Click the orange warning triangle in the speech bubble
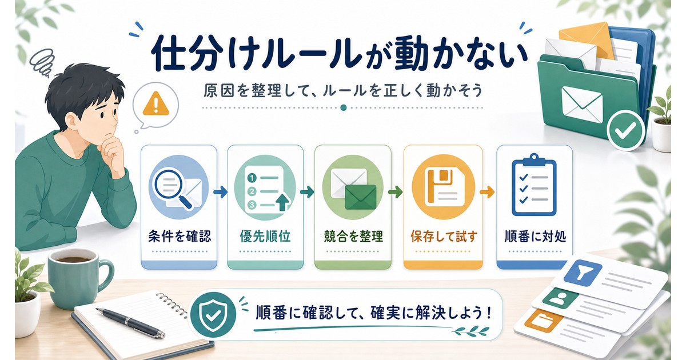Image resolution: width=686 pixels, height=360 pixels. [x=156, y=104]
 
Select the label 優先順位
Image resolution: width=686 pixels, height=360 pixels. [x=265, y=237]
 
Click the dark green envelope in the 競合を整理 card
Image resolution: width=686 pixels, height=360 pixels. [x=360, y=197]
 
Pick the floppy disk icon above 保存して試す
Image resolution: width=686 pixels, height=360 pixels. [x=443, y=187]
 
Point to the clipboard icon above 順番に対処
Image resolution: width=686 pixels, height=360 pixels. [x=534, y=185]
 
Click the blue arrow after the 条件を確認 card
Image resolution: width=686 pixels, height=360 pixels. [x=221, y=192]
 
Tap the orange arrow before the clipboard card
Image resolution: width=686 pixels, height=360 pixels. [x=487, y=192]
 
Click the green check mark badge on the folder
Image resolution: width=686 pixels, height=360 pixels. [x=625, y=130]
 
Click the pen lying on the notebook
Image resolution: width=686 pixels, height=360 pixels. [x=130, y=323]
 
